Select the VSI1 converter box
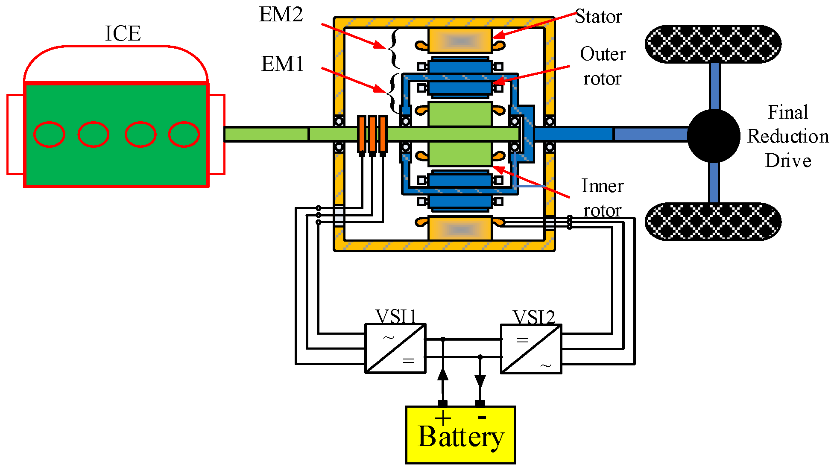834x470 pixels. point(395,349)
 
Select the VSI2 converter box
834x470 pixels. point(531,349)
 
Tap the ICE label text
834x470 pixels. point(123,33)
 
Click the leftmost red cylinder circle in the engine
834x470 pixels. point(49,134)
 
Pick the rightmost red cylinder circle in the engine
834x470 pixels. point(184,134)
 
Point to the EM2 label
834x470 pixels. point(281,15)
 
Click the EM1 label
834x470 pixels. point(282,64)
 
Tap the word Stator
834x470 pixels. point(598,17)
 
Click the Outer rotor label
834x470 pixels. point(603,67)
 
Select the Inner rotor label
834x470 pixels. point(603,198)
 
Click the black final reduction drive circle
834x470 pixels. point(714,136)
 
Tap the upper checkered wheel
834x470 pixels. point(713,44)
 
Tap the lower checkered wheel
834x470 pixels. point(713,222)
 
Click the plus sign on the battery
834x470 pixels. point(443,418)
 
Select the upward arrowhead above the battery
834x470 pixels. point(443,374)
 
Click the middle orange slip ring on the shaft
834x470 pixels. point(372,134)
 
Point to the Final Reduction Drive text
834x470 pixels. point(788,137)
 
